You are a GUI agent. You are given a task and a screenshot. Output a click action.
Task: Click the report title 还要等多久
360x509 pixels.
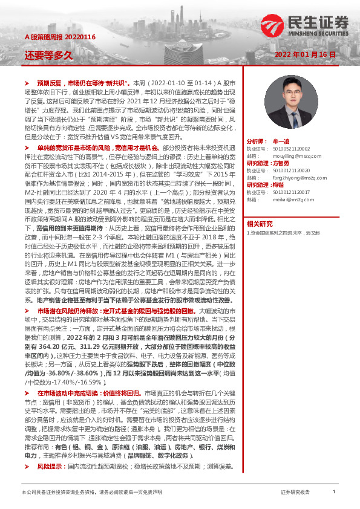(48, 55)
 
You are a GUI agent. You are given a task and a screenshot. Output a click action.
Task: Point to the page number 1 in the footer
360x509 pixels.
(334, 492)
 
